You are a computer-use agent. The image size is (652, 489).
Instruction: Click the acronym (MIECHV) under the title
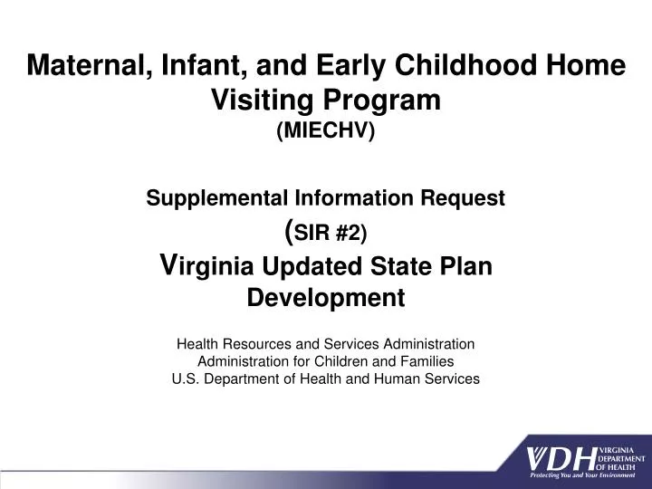[326, 132]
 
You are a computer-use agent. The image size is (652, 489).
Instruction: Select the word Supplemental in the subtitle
[214, 198]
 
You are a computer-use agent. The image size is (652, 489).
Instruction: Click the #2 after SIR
[350, 234]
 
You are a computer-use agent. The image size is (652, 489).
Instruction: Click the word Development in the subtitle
[326, 297]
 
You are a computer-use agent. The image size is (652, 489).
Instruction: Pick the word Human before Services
[395, 379]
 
